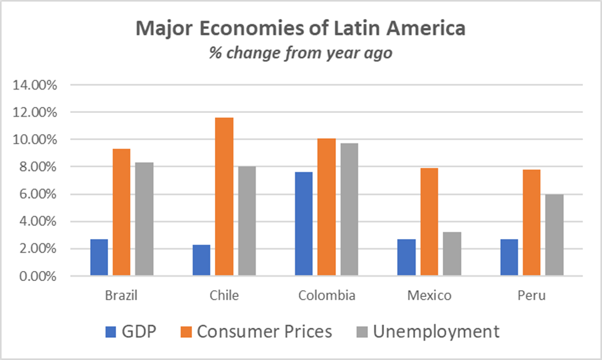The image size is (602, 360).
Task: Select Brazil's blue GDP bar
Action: tap(99, 257)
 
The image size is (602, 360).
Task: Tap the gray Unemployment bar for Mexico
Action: tap(452, 254)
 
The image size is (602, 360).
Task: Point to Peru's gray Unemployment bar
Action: tap(554, 235)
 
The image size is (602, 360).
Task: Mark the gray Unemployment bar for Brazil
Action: tap(144, 219)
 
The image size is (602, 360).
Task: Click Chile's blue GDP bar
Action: tap(201, 260)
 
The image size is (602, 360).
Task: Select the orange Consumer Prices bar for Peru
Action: tap(532, 222)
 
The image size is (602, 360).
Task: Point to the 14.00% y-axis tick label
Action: tap(35, 85)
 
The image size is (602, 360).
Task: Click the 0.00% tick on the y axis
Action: tap(38, 276)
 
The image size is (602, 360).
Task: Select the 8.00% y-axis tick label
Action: tap(38, 167)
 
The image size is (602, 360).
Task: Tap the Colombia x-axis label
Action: tap(327, 295)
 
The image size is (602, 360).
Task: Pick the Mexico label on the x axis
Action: tap(429, 295)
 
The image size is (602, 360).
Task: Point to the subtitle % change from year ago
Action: tap(301, 53)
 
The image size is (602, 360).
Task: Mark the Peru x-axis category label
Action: tap(532, 295)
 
